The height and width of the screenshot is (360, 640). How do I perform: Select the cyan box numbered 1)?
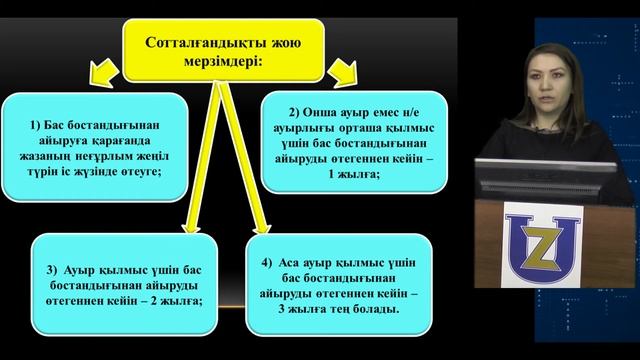coord(96,142)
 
